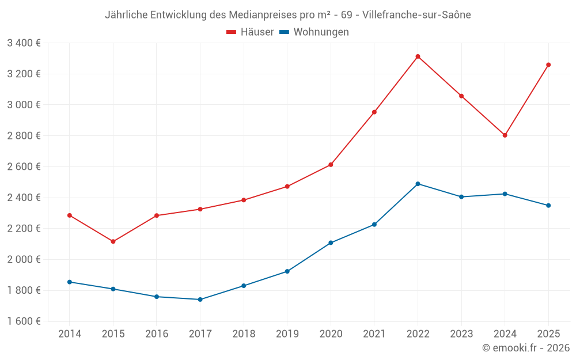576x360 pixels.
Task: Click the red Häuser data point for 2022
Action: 418,56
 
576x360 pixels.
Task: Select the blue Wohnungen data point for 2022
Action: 418,184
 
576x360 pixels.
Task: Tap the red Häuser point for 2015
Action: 113,241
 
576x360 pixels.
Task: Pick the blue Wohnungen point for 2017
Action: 200,300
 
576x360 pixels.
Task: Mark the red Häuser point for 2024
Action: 505,135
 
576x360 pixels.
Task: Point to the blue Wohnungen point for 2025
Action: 548,206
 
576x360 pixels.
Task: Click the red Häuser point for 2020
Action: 331,165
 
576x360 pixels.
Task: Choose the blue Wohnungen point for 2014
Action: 70,282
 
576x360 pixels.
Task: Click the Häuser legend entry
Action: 250,32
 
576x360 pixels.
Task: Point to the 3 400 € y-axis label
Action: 24,43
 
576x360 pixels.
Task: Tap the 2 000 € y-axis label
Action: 24,259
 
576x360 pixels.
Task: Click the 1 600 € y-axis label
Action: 24,321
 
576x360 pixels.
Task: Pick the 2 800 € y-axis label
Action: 24,135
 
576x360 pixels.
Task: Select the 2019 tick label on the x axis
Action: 287,334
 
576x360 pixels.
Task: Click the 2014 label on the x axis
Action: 70,334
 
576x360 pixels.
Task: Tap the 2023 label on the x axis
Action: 461,334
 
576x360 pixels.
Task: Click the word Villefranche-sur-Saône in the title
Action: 417,15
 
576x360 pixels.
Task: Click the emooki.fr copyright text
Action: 526,348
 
